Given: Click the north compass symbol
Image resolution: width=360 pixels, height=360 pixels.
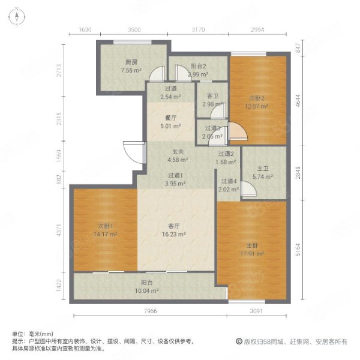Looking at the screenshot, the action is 17,17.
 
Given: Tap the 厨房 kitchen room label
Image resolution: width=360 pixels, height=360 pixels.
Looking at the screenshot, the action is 131,62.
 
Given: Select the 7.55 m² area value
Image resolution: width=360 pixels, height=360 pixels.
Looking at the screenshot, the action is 131,70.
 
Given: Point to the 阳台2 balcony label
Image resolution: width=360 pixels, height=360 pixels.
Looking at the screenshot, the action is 199,66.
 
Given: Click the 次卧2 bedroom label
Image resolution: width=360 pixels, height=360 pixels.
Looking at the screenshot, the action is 257,98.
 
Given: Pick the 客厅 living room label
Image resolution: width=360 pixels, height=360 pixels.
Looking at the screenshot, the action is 174,226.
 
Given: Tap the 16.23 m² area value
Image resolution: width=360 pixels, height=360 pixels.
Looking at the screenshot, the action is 174,234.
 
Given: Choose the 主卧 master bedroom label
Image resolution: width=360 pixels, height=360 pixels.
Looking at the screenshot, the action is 252,245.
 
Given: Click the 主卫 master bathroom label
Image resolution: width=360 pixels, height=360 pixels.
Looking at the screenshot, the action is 263,169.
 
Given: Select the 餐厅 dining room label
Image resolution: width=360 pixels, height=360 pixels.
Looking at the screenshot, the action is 170,118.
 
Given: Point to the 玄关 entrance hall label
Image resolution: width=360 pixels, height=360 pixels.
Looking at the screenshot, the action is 178,152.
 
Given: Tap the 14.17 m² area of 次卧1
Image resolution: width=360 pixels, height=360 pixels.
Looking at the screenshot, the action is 106,235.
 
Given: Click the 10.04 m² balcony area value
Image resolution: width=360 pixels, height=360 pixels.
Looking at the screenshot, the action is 147,290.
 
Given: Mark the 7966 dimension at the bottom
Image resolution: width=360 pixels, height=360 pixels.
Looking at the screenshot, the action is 151,311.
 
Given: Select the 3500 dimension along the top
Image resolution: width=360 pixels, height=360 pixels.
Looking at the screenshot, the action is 134,29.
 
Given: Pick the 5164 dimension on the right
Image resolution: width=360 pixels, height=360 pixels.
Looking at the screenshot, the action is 298,250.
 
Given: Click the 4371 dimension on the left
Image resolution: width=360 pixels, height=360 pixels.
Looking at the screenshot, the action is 59,230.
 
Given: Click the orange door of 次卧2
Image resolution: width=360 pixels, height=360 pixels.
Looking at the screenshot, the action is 238,131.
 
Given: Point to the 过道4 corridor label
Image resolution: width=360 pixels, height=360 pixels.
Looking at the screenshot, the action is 229,181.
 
